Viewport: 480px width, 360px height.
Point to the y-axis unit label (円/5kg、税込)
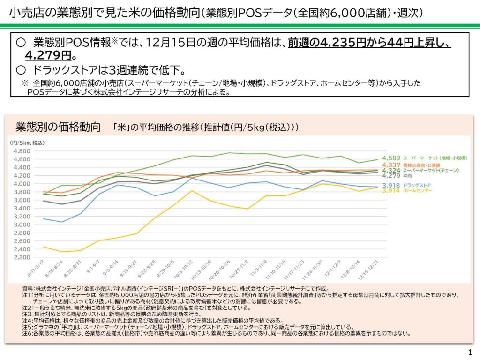click(x=27, y=142)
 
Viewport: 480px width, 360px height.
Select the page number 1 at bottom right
click(x=470, y=352)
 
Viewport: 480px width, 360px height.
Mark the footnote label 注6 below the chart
click(x=27, y=334)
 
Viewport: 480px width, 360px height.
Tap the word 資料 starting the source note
click(x=27, y=289)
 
